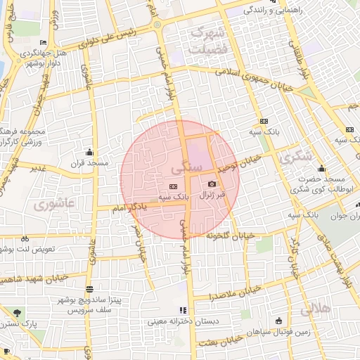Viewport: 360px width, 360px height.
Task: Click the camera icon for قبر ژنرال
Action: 212,184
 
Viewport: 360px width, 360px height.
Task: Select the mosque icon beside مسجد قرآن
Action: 89,153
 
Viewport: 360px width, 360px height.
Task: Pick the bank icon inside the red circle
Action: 173,186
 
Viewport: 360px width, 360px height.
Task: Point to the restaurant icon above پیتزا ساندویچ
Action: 89,289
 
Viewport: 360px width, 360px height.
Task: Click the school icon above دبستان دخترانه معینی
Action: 184,310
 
